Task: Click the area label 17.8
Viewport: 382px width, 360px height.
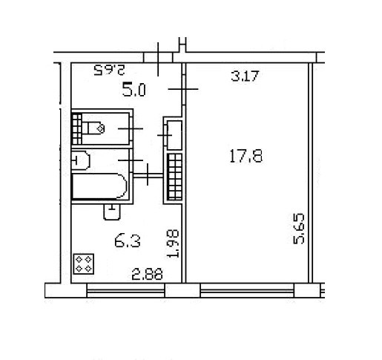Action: point(246,156)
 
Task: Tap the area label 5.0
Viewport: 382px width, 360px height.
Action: point(134,90)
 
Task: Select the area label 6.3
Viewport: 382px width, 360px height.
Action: point(128,241)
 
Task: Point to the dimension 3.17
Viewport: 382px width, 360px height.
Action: point(245,76)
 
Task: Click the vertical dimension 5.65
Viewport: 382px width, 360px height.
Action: point(299,229)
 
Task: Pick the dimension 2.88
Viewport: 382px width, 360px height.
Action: point(148,275)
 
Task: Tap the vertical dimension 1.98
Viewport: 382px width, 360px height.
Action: point(173,244)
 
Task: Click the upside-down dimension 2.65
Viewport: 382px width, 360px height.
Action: point(109,70)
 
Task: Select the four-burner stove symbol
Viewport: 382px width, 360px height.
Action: point(84,264)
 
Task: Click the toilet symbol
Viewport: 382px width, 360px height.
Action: point(93,128)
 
